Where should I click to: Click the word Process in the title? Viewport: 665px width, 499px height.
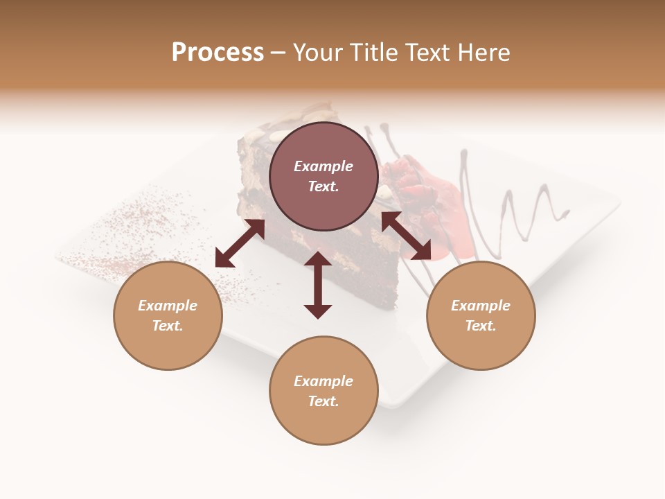point(218,53)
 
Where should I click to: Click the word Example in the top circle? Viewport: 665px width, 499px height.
point(323,166)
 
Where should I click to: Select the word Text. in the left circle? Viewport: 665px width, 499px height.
point(168,326)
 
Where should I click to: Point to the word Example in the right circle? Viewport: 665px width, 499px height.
point(481,306)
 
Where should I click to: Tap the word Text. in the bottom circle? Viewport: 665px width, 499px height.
point(323,401)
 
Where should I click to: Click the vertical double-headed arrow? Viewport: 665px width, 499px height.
point(318,285)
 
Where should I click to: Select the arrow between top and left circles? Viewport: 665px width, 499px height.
point(240,243)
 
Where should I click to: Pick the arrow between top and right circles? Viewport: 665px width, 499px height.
point(406,236)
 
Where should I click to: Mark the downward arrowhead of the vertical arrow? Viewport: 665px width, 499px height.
point(318,310)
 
